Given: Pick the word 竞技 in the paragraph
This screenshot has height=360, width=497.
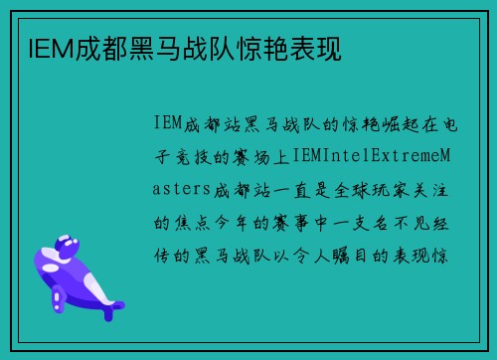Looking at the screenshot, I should pyautogui.click(x=199, y=156).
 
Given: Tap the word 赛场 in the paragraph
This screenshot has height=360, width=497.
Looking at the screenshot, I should pyautogui.click(x=262, y=156).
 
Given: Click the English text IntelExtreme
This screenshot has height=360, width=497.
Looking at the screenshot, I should pyautogui.click(x=376, y=156).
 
